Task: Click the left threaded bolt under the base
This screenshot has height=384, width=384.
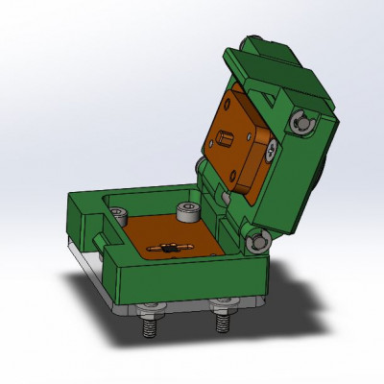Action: coord(150,327)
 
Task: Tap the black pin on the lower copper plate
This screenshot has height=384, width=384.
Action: coord(168,249)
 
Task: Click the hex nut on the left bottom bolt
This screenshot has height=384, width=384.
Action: coord(149,311)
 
